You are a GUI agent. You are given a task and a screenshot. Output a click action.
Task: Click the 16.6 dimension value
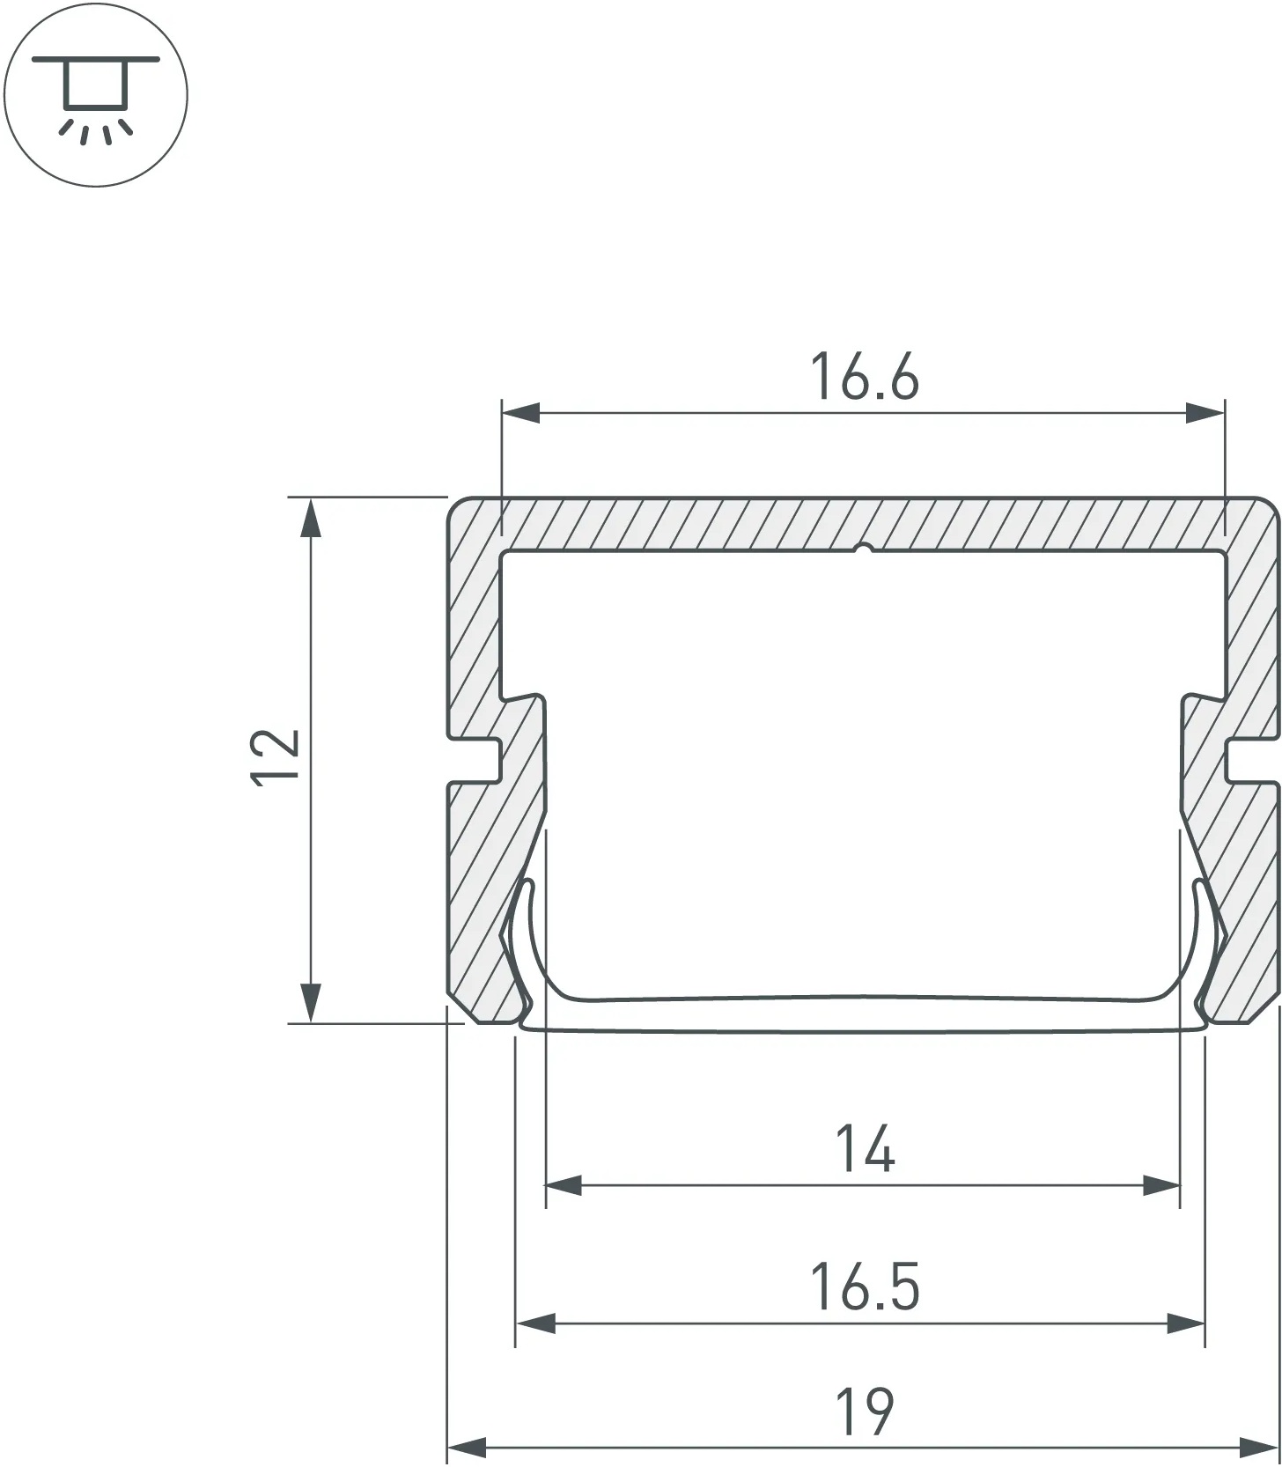[x=864, y=377]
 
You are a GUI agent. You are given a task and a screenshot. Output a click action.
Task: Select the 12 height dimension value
[x=276, y=755]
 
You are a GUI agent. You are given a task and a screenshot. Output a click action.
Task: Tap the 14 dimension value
[x=865, y=1149]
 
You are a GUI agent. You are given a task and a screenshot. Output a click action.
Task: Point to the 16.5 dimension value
[x=864, y=1287]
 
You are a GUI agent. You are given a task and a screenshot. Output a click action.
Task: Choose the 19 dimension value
[x=865, y=1412]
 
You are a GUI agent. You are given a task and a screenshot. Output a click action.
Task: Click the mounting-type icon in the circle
[x=96, y=94]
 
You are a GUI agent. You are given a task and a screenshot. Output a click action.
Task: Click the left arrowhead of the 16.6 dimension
[x=520, y=412]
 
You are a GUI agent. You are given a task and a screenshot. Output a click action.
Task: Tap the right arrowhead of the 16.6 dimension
[x=1205, y=412]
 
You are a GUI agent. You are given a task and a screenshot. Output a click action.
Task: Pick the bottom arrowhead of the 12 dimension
[x=309, y=1004]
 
